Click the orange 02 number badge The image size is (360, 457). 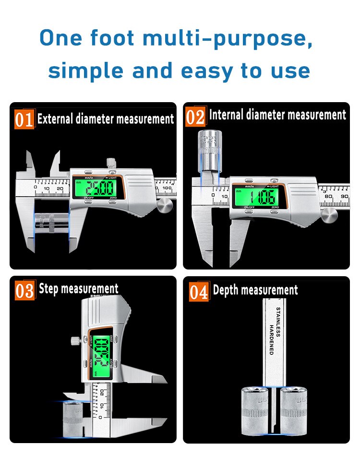[x=195, y=117]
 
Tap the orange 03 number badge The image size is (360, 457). [x=24, y=290]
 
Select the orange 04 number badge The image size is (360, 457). [x=198, y=291]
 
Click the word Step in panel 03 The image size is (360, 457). [x=48, y=289]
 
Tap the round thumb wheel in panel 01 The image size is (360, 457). [x=165, y=207]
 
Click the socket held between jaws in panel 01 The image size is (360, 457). [x=51, y=224]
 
